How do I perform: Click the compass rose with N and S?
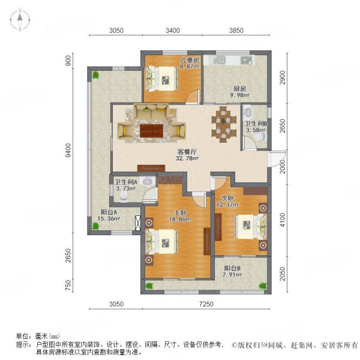pyautogui.click(x=20, y=20)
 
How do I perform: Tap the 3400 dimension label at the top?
pyautogui.click(x=173, y=31)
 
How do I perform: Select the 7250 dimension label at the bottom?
pyautogui.click(x=206, y=304)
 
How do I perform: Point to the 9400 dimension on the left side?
pyautogui.click(x=68, y=151)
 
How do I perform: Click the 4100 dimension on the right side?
pyautogui.click(x=283, y=220)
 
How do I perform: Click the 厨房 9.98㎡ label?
pyautogui.click(x=239, y=92)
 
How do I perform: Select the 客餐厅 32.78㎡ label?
pyautogui.click(x=187, y=155)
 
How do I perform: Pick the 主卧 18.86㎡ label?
pyautogui.click(x=181, y=216)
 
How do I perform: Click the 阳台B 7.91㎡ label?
pyautogui.click(x=232, y=271)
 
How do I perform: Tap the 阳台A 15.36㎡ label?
pyautogui.click(x=109, y=215)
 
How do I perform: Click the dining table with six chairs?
pyautogui.click(x=224, y=124)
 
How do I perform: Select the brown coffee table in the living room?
pyautogui.click(x=152, y=131)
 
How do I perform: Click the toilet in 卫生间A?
pyautogui.click(x=124, y=197)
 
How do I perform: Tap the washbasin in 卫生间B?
pyautogui.click(x=248, y=112)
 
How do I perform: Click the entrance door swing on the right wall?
pyautogui.click(x=277, y=158)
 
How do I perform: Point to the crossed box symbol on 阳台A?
pyautogui.click(x=138, y=223)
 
